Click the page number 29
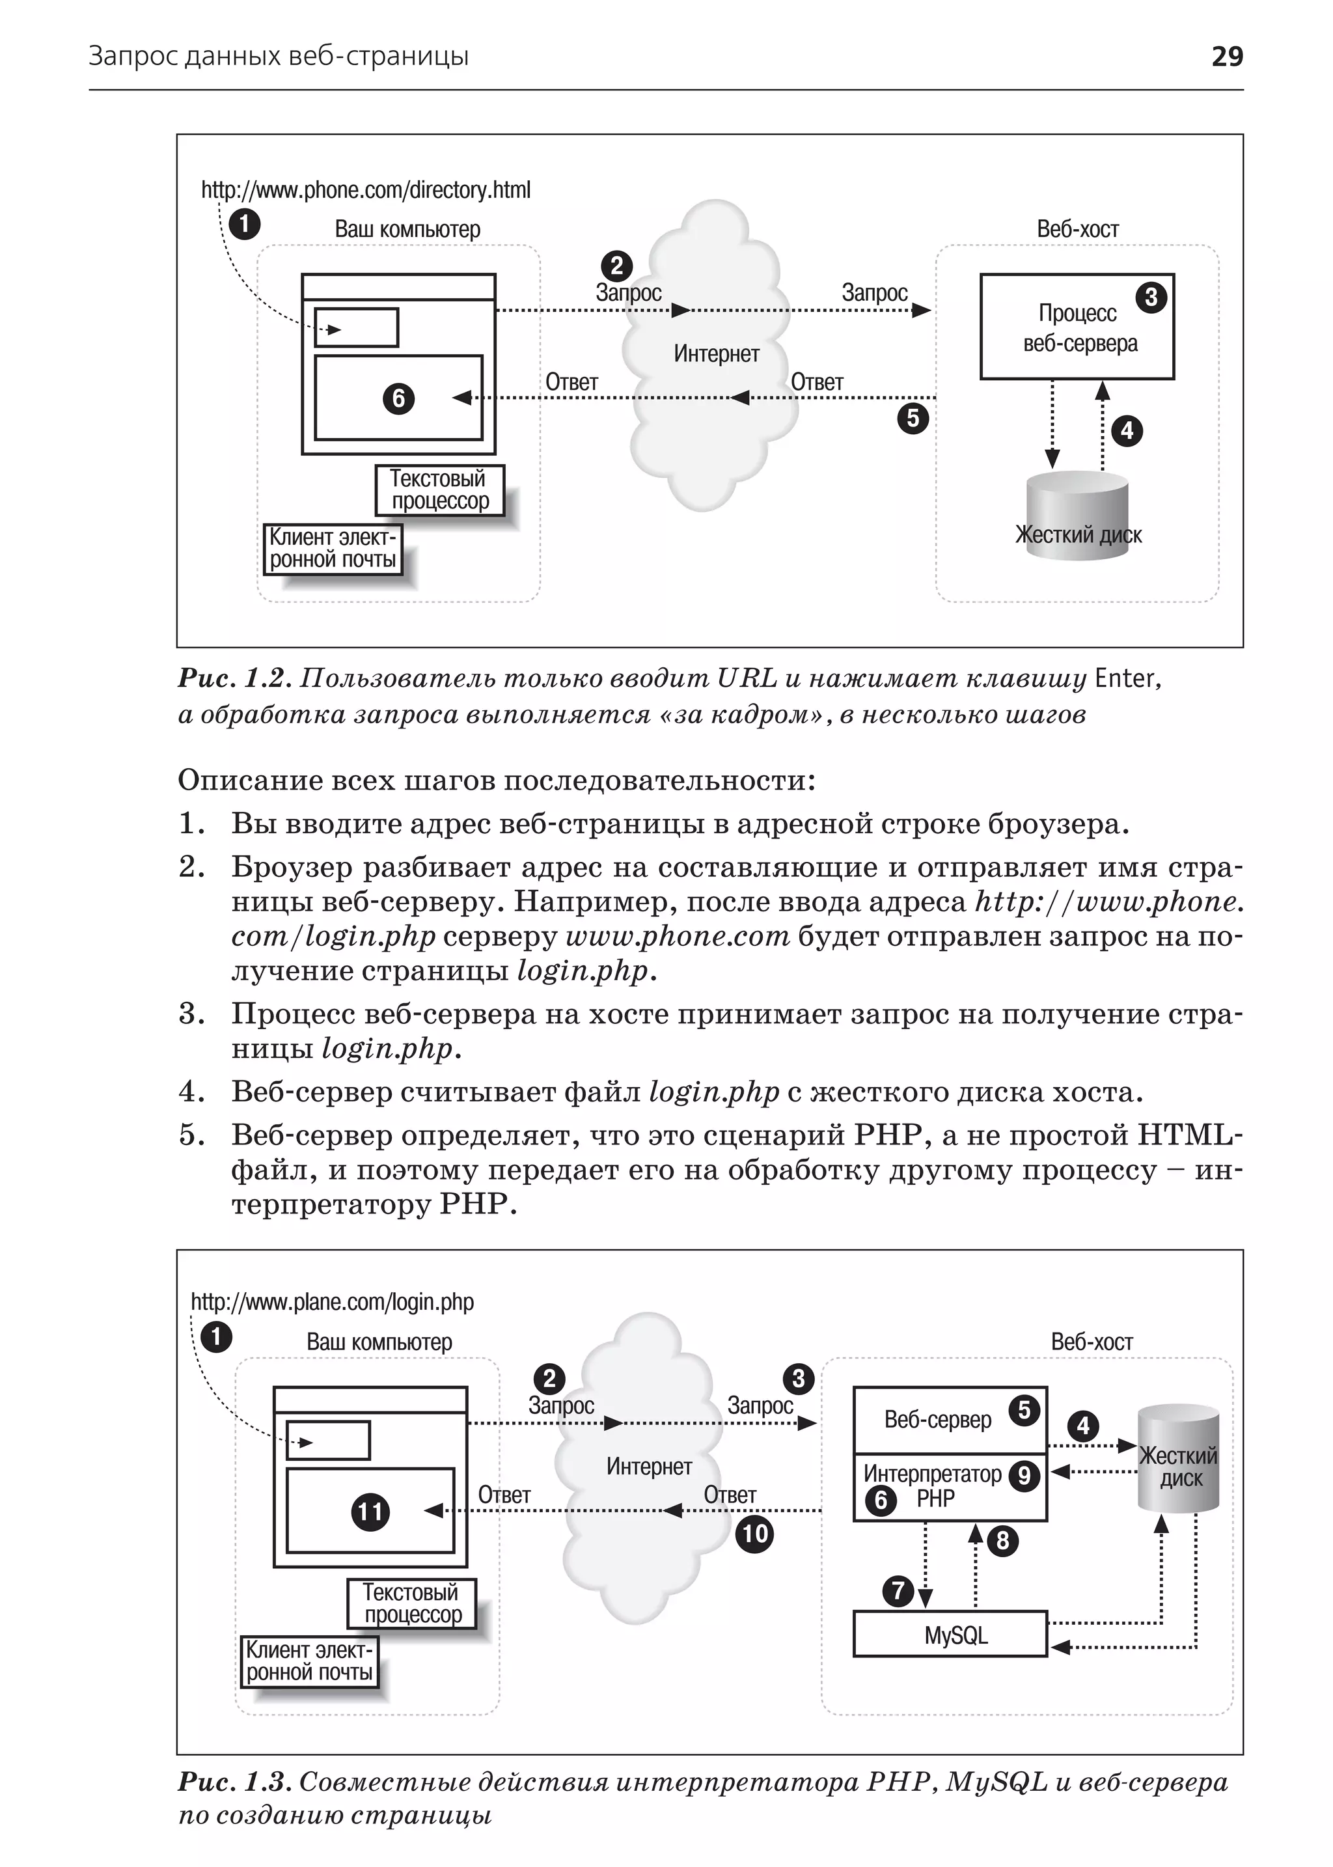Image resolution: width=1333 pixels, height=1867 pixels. pos(1226,56)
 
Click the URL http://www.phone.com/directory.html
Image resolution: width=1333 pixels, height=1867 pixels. pos(366,191)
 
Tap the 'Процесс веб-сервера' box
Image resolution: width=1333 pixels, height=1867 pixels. pos(1077,327)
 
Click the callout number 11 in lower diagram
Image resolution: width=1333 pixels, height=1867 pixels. pos(370,1512)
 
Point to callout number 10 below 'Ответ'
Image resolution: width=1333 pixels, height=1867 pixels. pos(754,1534)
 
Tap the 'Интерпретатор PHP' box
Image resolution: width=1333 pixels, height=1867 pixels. pos(950,1487)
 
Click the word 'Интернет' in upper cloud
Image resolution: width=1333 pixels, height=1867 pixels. pos(717,354)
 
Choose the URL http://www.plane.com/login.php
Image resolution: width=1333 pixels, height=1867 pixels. pos(333,1302)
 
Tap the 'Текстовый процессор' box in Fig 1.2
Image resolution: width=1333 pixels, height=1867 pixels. pos(439,490)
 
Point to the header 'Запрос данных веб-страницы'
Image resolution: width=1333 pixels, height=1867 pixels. pos(279,56)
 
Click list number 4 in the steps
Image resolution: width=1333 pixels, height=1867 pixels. pos(191,1092)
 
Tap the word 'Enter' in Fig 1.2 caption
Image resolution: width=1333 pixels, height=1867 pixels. pos(1125,678)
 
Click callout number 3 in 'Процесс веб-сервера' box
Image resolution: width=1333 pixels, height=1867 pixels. pos(1151,297)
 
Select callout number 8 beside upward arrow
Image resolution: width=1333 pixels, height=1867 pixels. pos(1002,1541)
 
